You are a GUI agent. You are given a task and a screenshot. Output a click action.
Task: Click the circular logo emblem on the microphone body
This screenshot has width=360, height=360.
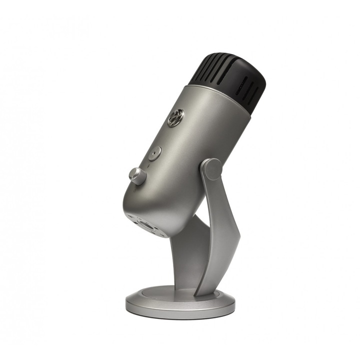pyautogui.click(x=175, y=118)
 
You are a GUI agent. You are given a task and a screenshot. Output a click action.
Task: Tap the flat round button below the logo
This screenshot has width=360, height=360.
pyautogui.click(x=154, y=153)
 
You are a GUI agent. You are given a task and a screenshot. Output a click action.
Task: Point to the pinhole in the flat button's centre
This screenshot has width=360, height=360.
pyautogui.click(x=154, y=153)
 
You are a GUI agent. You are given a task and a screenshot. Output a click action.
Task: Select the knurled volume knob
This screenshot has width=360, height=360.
pyautogui.click(x=137, y=175)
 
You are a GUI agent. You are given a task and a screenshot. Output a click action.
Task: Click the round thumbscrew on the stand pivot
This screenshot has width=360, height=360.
pyautogui.click(x=213, y=169)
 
